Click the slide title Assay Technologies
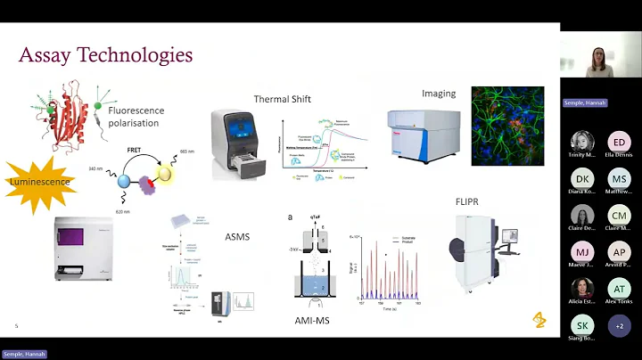105,55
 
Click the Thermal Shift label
282,99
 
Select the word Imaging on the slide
439,93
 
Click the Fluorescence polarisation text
135,117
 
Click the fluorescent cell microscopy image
506,126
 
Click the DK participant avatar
582,179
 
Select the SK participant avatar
582,325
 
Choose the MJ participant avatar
582,252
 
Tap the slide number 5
16,326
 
